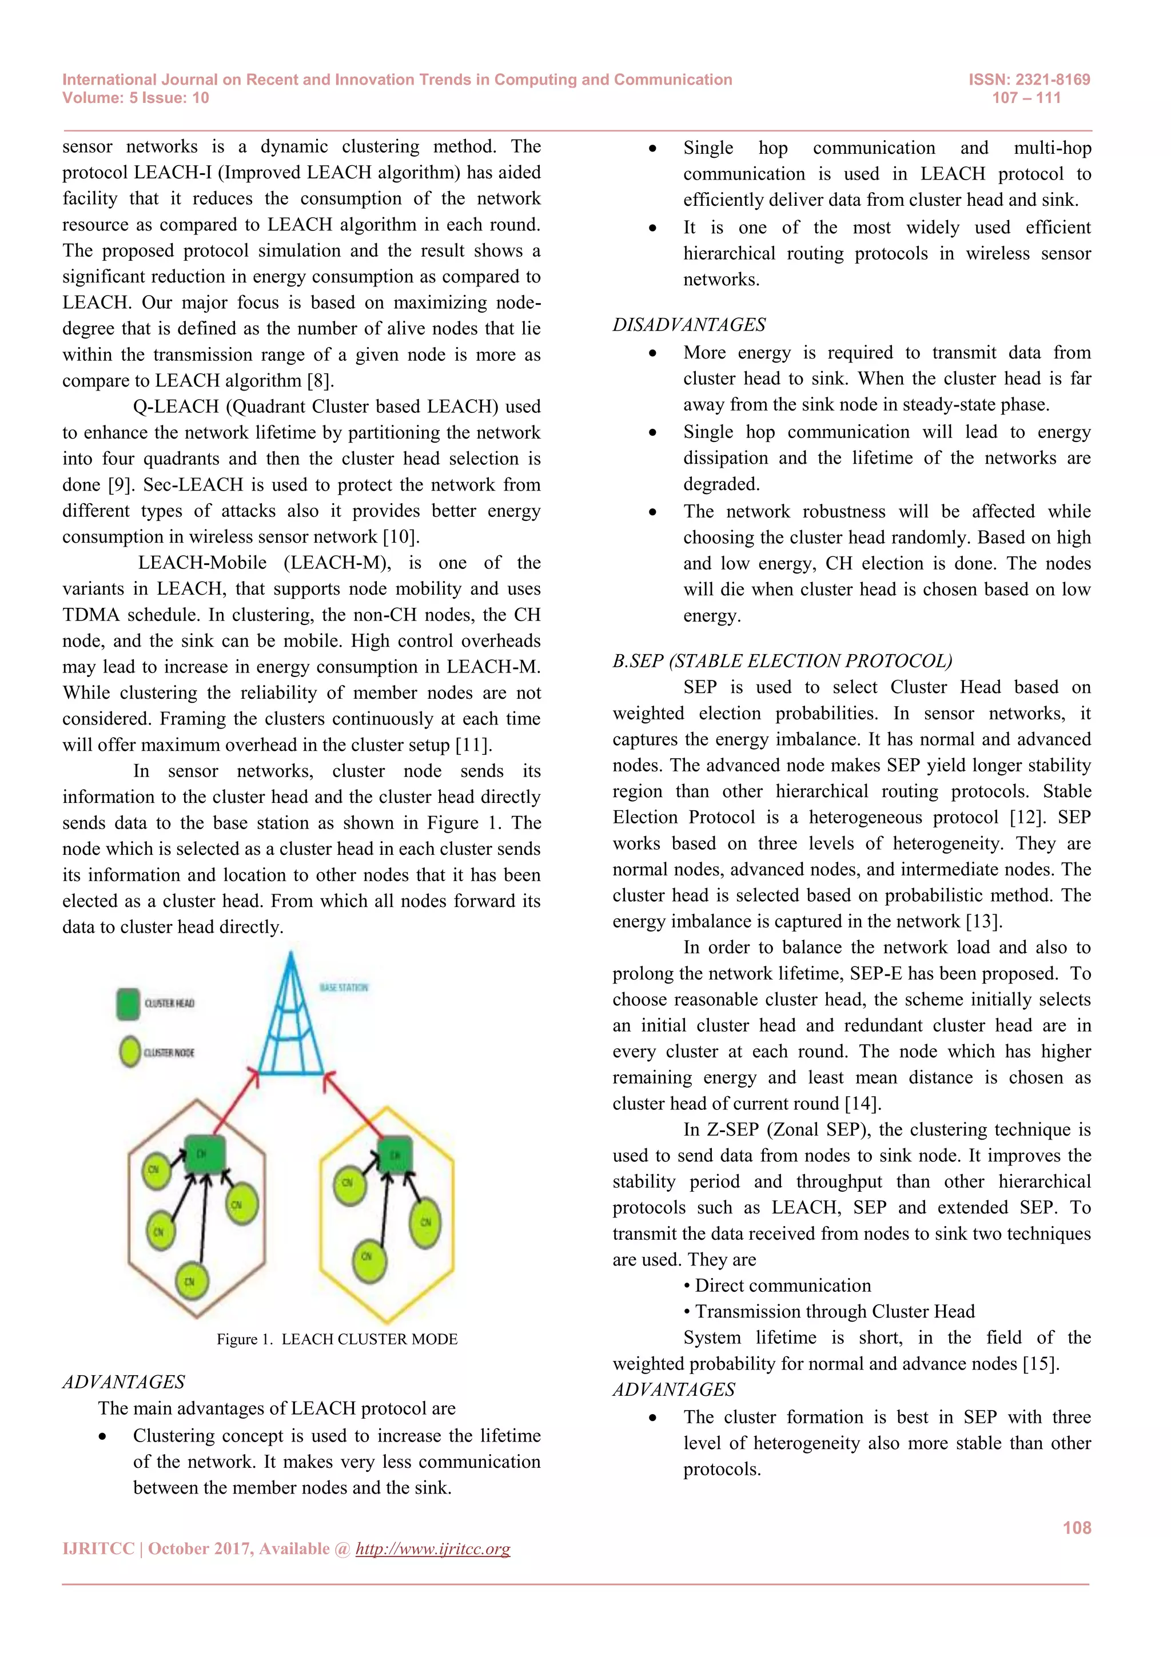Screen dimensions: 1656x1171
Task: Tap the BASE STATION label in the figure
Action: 344,988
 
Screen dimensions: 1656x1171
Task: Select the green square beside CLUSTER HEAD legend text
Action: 128,1004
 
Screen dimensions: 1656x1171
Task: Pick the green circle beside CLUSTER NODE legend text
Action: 130,1052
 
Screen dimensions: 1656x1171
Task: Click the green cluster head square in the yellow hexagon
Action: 395,1156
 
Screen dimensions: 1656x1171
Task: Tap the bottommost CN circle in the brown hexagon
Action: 191,1281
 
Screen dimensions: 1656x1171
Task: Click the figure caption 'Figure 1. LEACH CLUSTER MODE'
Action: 337,1339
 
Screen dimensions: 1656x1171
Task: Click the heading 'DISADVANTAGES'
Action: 688,325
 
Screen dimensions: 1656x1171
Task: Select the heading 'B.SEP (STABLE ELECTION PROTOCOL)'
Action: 782,662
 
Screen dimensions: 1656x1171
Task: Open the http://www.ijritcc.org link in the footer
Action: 433,1549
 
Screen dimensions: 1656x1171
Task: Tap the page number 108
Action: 1077,1527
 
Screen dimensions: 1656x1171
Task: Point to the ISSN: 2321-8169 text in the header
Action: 1029,80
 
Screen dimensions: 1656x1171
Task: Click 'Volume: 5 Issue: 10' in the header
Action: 136,98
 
